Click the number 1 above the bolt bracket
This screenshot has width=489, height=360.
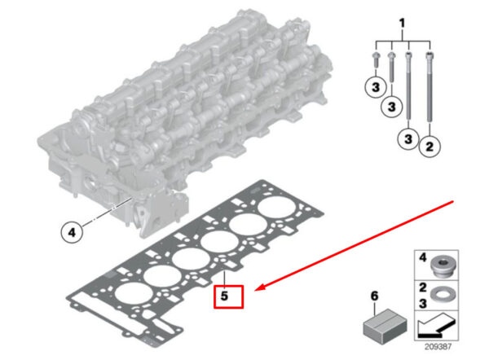point(403,24)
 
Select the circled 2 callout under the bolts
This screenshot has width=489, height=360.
point(430,146)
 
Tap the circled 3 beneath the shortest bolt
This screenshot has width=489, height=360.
point(376,87)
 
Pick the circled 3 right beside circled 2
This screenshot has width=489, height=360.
point(408,138)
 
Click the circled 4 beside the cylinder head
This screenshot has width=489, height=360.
point(72,232)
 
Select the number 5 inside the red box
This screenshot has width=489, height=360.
point(224,296)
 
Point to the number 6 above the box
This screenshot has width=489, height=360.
point(374,296)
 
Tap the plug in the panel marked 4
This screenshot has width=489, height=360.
point(444,267)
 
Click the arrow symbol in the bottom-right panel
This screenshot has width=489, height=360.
point(437,326)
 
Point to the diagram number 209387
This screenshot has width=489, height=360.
point(438,347)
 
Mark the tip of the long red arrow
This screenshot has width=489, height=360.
point(255,291)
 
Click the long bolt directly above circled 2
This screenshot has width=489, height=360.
point(430,86)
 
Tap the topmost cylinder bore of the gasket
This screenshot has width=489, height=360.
point(276,207)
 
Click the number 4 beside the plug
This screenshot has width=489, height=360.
point(422,257)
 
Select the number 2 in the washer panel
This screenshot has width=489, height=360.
point(422,287)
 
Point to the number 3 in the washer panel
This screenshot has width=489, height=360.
point(422,303)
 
